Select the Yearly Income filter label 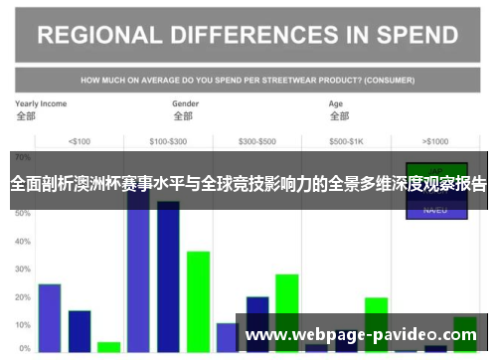point(40,103)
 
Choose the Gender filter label point(186,103)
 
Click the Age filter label point(336,103)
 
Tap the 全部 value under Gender point(182,116)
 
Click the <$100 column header point(79,140)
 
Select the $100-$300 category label point(168,140)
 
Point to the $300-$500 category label point(258,140)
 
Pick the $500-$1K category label point(347,140)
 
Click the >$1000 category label point(435,140)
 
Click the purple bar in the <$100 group point(50,317)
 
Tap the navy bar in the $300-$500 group point(257,323)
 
